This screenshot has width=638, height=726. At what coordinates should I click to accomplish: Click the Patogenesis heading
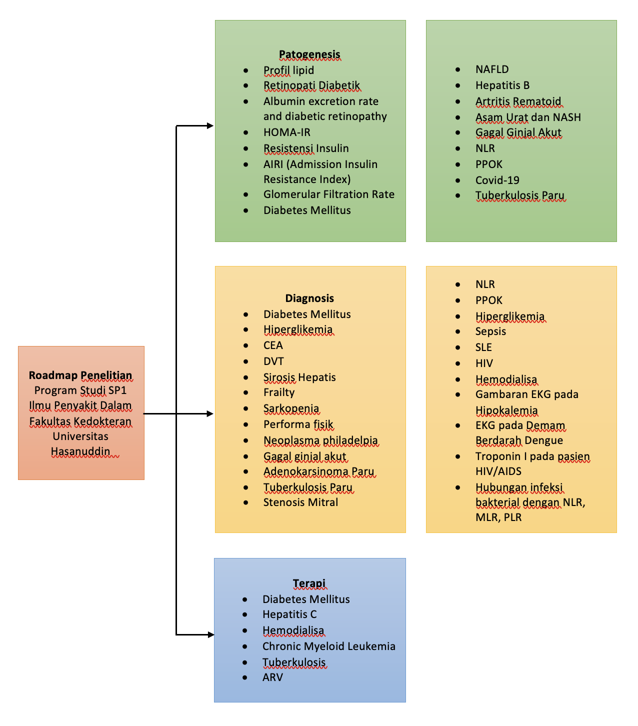[x=309, y=54]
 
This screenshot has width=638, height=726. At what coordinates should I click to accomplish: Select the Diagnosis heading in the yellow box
[x=309, y=298]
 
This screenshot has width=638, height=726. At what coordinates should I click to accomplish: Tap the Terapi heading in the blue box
[x=309, y=583]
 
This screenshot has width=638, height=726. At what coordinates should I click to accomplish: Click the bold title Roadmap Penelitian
[x=80, y=375]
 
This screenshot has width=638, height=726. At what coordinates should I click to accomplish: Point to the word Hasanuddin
[x=80, y=451]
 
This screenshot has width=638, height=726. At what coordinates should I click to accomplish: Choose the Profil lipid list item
[x=288, y=70]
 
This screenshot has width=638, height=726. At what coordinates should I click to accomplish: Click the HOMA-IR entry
[x=287, y=132]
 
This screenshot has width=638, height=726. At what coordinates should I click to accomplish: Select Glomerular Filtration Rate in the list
[x=328, y=194]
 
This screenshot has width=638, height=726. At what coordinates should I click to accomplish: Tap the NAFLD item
[x=492, y=69]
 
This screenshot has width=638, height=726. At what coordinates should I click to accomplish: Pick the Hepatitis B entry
[x=502, y=85]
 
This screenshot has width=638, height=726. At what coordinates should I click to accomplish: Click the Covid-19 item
[x=497, y=180]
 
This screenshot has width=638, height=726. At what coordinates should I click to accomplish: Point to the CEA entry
[x=273, y=345]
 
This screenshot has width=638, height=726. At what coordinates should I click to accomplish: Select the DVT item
[x=273, y=361]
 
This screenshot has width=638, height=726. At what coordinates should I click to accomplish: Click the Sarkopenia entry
[x=291, y=408]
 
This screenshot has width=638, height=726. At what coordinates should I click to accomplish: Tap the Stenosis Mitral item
[x=300, y=502]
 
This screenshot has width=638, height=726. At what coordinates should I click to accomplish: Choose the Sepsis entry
[x=490, y=331]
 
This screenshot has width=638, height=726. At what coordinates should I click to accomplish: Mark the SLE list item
[x=483, y=347]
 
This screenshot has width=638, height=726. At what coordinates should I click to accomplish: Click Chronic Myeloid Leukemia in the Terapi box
[x=328, y=646]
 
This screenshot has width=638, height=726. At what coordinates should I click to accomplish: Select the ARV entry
[x=272, y=677]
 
